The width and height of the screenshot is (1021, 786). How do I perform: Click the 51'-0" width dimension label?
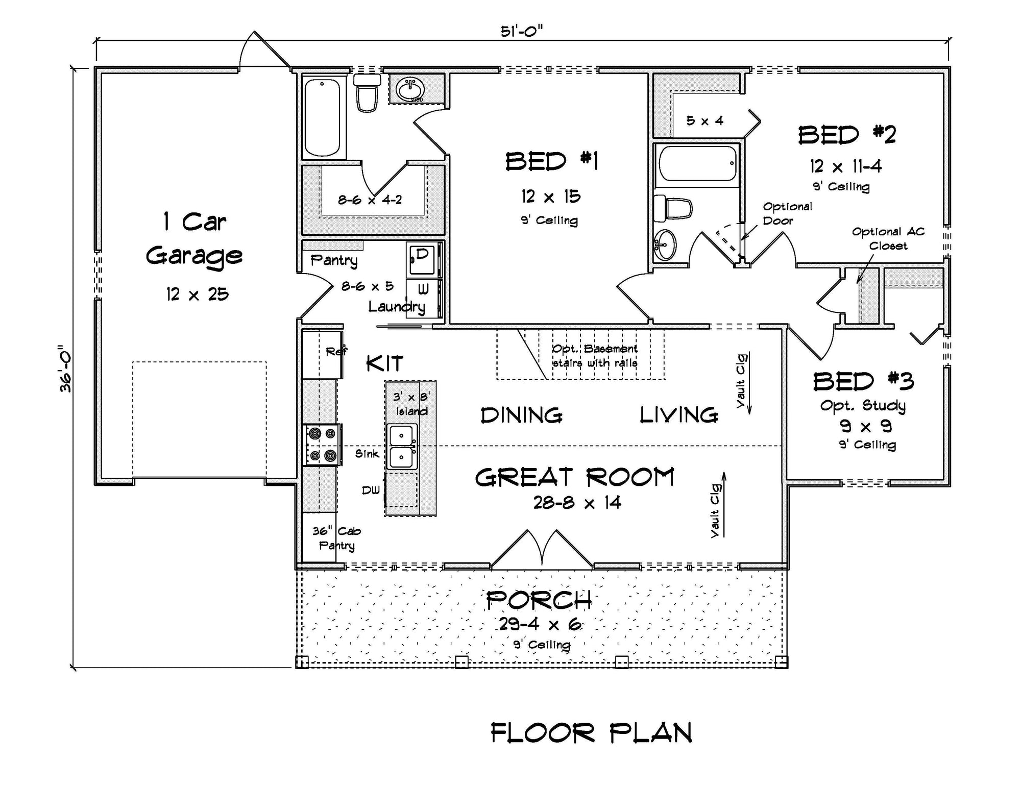[521, 32]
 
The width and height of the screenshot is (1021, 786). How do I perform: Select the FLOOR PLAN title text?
[591, 733]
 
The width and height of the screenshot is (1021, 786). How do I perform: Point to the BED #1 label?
[551, 162]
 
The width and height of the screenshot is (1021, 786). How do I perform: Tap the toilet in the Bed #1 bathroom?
[367, 92]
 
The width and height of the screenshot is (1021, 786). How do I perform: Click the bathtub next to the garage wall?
[322, 117]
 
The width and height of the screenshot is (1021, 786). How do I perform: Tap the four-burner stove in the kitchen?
[322, 445]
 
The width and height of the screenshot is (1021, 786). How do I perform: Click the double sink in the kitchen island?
[402, 446]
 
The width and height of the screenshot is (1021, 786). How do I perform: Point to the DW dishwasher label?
[371, 490]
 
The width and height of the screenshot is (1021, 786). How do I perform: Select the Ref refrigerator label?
[336, 351]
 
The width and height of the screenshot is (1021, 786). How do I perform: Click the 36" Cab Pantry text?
[336, 538]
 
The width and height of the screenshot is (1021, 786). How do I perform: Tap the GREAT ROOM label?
[575, 478]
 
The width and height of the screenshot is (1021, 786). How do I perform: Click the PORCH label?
[539, 600]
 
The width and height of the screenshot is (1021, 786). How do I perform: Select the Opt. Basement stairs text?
[595, 356]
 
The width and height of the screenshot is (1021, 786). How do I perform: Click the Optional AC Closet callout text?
[888, 238]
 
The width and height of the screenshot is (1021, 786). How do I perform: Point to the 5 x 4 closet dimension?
[704, 121]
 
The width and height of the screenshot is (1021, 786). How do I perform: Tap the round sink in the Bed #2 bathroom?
[665, 245]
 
